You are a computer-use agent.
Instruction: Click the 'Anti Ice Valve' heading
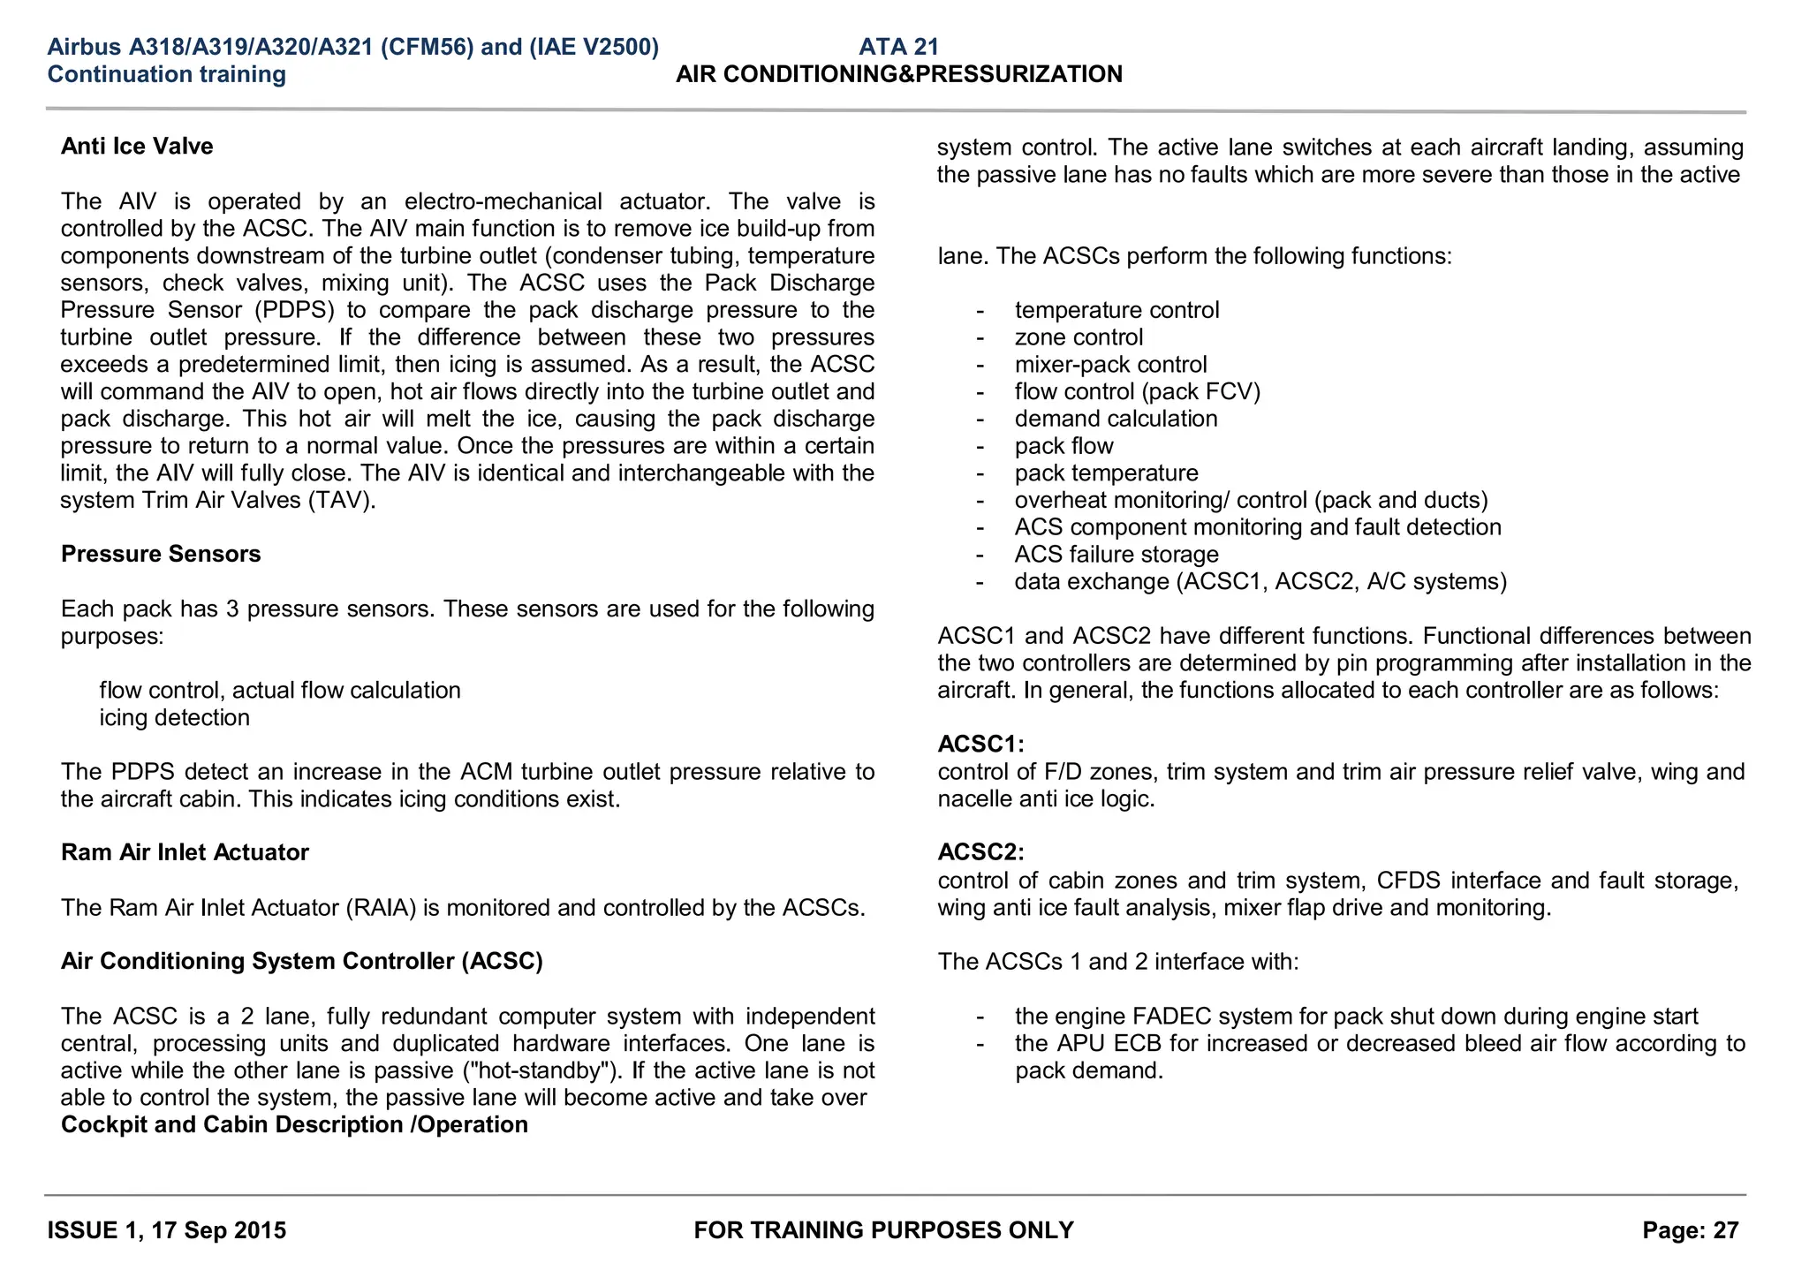point(137,147)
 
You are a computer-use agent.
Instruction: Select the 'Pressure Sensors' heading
point(161,555)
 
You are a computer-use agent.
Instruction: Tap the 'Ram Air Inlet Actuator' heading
point(185,853)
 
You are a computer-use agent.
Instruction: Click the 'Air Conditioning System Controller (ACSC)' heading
point(301,962)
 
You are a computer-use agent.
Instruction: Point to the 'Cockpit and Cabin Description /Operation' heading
point(294,1125)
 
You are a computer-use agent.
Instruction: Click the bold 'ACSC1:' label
point(980,745)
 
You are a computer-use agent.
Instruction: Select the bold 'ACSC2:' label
point(980,853)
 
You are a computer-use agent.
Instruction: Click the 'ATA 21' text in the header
point(898,47)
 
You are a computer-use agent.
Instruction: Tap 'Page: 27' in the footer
point(1690,1231)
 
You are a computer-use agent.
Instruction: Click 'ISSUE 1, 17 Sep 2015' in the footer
point(167,1231)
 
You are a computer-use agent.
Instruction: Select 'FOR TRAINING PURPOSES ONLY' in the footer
point(883,1231)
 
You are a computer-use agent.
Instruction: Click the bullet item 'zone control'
point(1079,338)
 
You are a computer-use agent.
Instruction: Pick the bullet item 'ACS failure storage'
point(1116,556)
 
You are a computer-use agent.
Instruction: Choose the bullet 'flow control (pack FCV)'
point(1137,392)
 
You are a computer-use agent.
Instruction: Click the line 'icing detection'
point(174,718)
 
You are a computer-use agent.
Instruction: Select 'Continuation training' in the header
point(167,74)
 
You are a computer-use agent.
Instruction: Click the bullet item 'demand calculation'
point(1116,420)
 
